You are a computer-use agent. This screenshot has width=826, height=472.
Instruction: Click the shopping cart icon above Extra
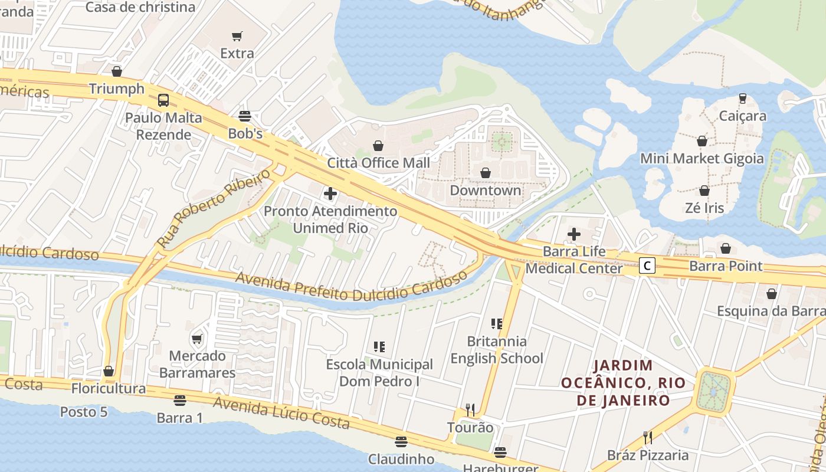click(x=237, y=37)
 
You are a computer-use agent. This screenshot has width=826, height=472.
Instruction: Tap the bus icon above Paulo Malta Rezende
click(x=163, y=100)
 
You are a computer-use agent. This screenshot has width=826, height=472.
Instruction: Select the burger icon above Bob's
click(x=245, y=116)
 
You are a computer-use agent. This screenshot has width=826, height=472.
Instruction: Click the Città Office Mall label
click(x=378, y=162)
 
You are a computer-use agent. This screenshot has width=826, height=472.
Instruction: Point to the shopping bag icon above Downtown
click(x=486, y=173)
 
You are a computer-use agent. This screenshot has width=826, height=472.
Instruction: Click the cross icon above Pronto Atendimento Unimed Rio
click(x=330, y=194)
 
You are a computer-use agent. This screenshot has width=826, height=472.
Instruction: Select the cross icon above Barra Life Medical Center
click(x=573, y=234)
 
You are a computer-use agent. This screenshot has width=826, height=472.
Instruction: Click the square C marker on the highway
click(x=647, y=266)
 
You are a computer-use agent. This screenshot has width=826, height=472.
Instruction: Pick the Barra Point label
click(x=726, y=266)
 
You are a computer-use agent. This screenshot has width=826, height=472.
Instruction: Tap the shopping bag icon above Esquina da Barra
click(x=771, y=294)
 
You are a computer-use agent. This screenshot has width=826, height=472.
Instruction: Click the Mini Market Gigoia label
click(x=702, y=159)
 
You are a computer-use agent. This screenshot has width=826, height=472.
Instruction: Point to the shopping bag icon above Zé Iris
click(x=704, y=191)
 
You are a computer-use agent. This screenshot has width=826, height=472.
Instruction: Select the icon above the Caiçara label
click(x=742, y=99)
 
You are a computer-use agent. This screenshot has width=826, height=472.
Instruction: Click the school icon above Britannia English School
click(x=497, y=323)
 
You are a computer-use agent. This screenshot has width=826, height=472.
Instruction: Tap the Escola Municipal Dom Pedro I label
click(x=379, y=373)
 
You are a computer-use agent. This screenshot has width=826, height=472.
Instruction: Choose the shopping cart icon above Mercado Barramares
click(x=197, y=339)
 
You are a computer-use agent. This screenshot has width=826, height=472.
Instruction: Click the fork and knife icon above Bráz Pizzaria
click(x=647, y=437)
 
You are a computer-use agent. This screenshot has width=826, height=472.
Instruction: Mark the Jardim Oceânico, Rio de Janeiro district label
click(x=624, y=383)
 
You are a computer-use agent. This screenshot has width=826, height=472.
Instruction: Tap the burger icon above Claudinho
click(x=401, y=442)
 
